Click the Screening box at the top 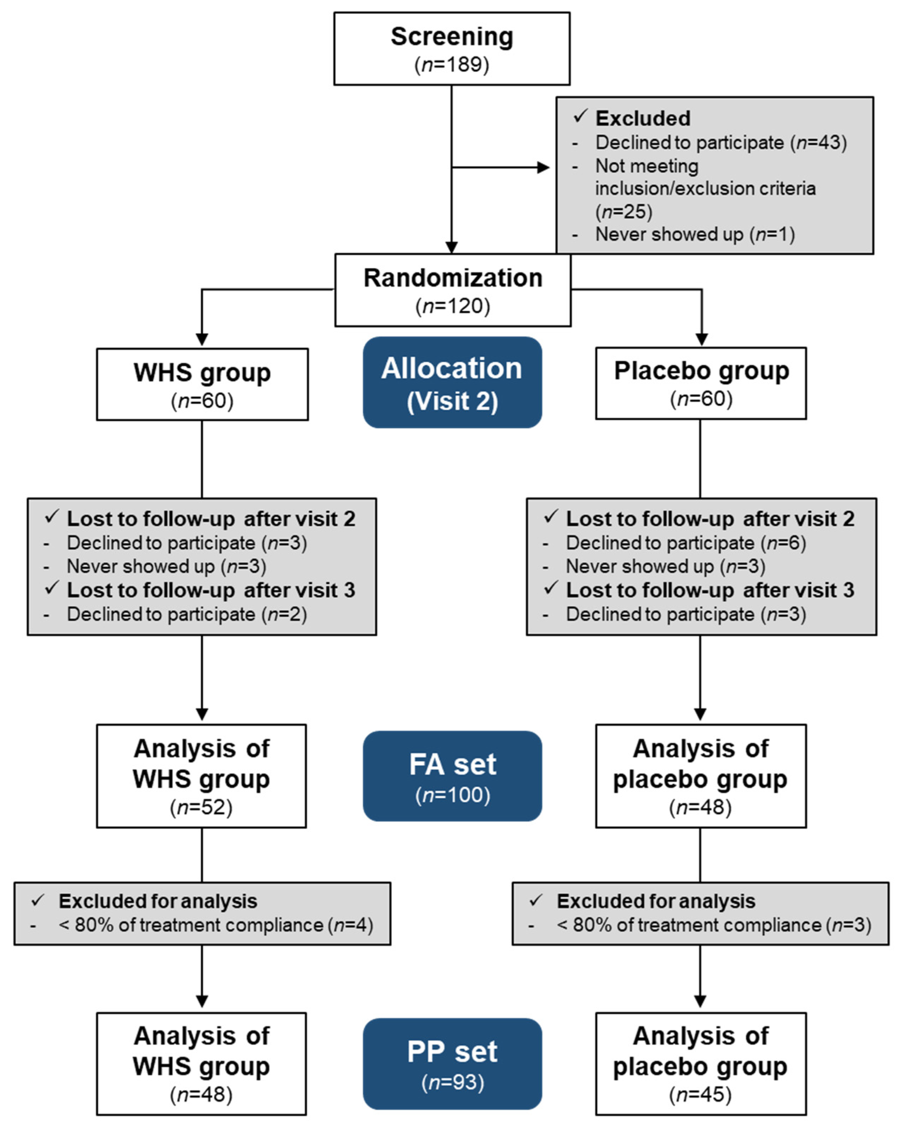[x=451, y=49]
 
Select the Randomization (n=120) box [x=452, y=290]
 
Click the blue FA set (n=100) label [x=452, y=776]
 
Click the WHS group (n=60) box [x=202, y=384]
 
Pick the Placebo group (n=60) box [x=701, y=383]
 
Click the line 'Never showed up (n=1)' [x=695, y=234]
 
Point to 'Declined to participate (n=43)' [x=721, y=142]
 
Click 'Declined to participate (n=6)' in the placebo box [x=686, y=543]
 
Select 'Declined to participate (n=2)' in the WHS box [x=187, y=614]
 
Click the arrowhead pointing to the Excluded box [x=543, y=167]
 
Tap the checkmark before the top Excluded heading [x=580, y=116]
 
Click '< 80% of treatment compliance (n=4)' [x=215, y=925]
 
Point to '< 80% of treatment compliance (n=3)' [x=714, y=925]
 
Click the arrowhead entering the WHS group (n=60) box [x=202, y=339]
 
